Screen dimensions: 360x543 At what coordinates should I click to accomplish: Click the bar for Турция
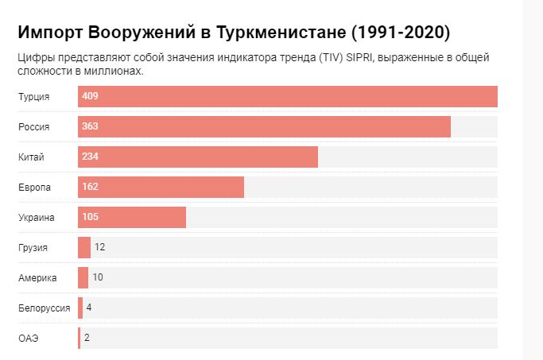click(288, 96)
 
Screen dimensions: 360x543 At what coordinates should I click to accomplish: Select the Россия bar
click(264, 126)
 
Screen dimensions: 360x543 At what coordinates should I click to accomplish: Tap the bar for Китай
click(198, 157)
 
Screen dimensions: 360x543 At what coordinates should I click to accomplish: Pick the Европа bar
click(161, 187)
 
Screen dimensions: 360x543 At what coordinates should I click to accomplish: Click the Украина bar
click(132, 217)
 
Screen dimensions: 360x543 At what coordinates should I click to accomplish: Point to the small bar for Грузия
click(84, 247)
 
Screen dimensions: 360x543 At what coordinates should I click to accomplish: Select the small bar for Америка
click(83, 277)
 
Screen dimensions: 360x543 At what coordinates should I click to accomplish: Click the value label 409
click(90, 96)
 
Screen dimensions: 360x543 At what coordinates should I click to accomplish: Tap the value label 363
click(90, 126)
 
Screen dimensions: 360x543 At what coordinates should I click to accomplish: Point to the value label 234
click(90, 157)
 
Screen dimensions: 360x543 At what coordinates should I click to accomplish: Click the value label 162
click(90, 187)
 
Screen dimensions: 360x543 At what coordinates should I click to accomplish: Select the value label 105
click(90, 217)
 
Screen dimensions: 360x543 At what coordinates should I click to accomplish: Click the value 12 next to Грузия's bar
click(100, 247)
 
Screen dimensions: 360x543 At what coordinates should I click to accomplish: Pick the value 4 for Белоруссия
click(89, 308)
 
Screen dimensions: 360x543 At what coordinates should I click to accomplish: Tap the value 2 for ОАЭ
click(87, 338)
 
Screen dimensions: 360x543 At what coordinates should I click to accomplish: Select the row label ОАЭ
click(29, 338)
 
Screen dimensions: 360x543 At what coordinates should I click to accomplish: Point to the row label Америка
click(37, 277)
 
